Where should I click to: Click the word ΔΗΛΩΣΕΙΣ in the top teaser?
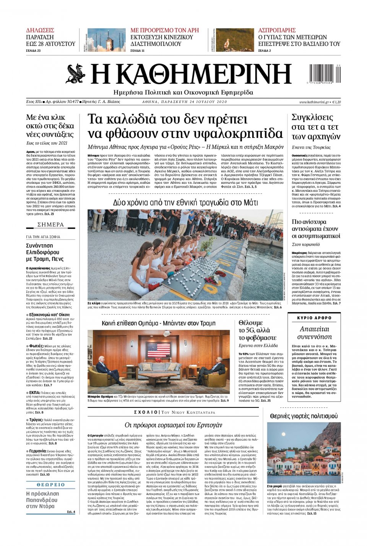pos(40,30)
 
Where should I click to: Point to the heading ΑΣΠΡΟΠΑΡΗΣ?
pos(277,30)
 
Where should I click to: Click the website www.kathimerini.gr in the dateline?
pos(314,102)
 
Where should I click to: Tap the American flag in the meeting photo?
pos(158,349)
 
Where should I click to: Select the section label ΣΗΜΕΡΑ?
pos(50,225)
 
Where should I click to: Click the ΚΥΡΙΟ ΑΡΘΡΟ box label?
pos(314,318)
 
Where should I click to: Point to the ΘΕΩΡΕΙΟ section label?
pos(50,485)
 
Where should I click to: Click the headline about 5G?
pos(257,330)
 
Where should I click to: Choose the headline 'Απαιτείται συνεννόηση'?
pos(314,333)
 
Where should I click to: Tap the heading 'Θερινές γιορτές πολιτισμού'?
pos(304,416)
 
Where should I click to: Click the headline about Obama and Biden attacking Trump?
pos(159,323)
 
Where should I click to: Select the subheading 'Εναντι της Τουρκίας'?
pos(311,147)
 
